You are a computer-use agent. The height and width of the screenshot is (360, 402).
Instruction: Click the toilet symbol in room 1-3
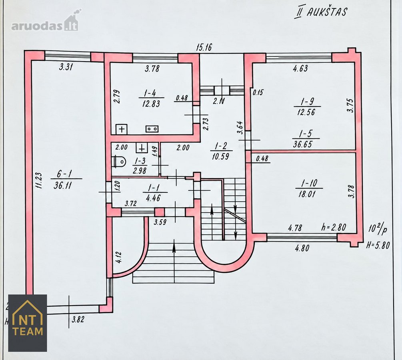click(119, 162)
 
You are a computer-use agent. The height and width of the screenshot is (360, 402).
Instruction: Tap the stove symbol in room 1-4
click(152, 129)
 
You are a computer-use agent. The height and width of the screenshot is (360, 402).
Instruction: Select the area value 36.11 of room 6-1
click(62, 185)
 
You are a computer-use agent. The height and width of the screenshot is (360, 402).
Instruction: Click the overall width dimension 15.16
click(204, 47)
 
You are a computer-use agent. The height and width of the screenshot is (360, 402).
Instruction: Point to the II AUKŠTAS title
click(320, 12)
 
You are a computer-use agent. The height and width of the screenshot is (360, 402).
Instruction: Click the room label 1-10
click(309, 183)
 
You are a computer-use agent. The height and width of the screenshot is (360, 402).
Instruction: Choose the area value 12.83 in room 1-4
click(151, 104)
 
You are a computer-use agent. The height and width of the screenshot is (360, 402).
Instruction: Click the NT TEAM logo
click(28, 323)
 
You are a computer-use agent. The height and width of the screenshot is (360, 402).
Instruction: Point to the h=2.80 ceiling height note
click(334, 227)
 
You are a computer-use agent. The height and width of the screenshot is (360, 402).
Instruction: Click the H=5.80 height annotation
click(378, 245)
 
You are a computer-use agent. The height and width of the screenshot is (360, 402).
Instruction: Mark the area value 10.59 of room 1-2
click(220, 156)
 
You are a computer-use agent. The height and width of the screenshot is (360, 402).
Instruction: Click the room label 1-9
click(307, 102)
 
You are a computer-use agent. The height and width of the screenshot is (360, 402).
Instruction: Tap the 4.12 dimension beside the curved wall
click(118, 258)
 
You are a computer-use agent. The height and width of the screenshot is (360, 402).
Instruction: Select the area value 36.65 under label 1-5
click(302, 144)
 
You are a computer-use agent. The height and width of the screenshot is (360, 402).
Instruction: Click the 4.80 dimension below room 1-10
click(302, 248)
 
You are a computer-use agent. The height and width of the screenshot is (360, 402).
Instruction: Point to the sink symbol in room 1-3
click(142, 148)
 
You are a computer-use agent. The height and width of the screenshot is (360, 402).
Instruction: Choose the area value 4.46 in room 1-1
click(153, 198)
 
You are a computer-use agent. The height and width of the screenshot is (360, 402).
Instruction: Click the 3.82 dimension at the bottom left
click(78, 320)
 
